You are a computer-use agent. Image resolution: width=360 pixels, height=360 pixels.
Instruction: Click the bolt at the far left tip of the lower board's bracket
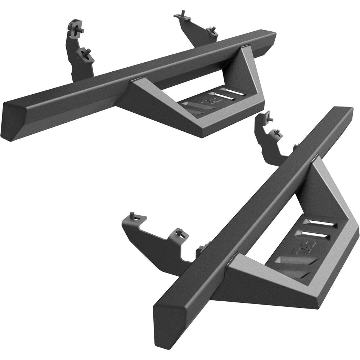tap(133, 216)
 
